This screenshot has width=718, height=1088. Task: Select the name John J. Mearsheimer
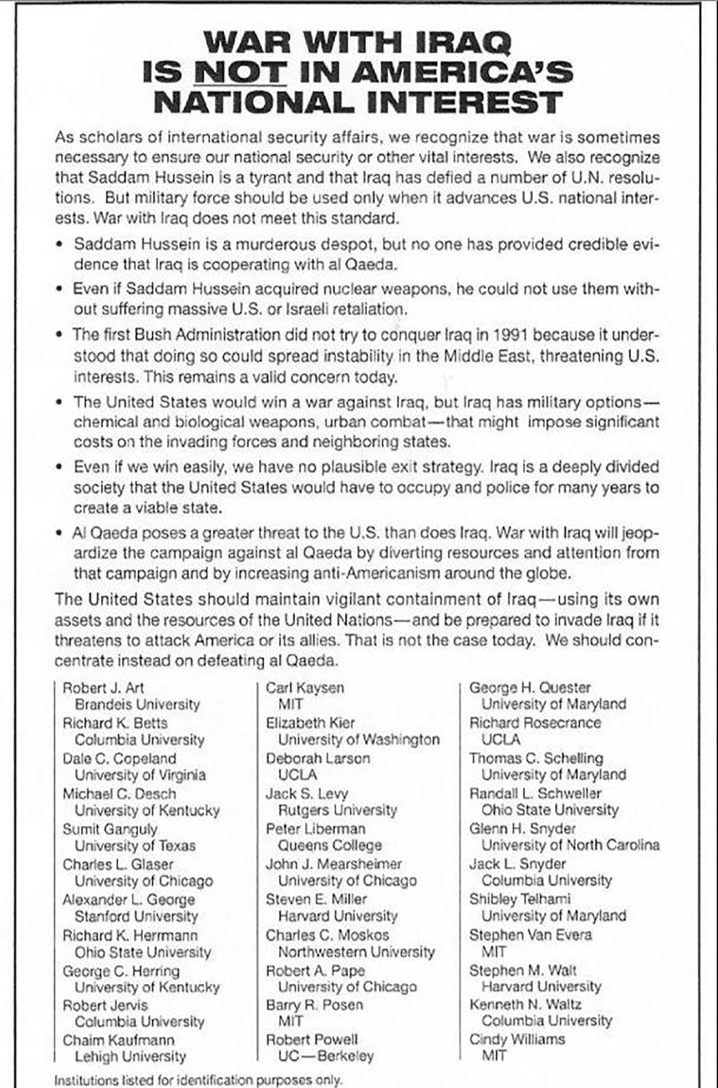[334, 864]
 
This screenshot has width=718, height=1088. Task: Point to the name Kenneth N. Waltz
[526, 1004]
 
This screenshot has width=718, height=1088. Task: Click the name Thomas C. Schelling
[536, 758]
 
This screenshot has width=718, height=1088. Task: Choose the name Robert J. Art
[103, 687]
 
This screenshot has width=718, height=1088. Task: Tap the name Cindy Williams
[517, 1039]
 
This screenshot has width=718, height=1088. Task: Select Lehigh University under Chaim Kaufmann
[131, 1056]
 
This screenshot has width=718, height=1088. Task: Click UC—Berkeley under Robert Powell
[326, 1056]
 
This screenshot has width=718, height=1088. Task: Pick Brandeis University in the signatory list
[137, 704]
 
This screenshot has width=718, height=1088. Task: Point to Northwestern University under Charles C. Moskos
[356, 951]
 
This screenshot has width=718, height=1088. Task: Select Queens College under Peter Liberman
[330, 845]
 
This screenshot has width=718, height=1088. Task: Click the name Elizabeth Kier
[310, 723]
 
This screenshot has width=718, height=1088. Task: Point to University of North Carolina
[570, 845]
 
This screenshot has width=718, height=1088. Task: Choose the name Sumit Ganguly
[110, 829]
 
